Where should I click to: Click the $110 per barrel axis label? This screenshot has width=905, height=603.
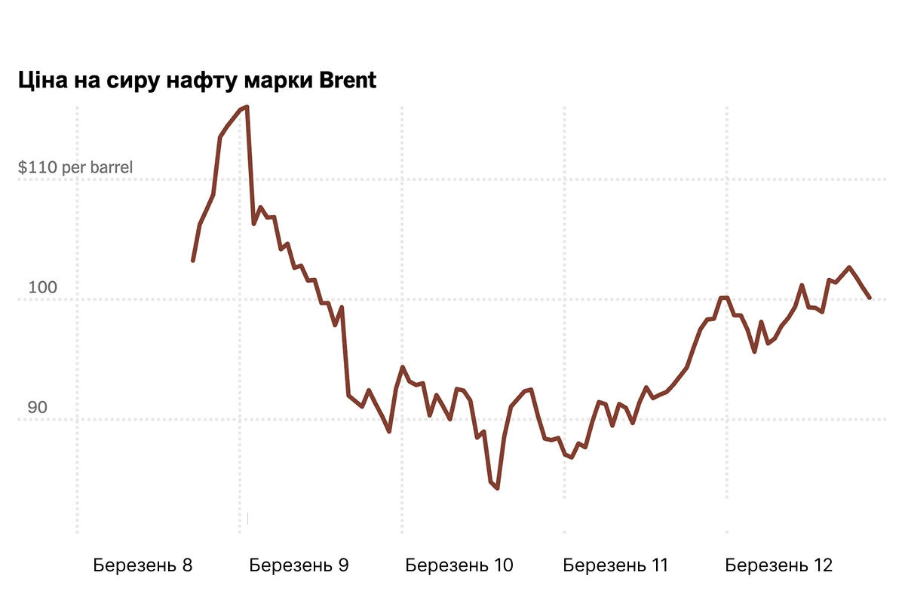tap(75, 167)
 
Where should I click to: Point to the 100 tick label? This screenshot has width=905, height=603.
tap(43, 287)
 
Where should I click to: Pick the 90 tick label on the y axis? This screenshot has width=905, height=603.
tap(38, 408)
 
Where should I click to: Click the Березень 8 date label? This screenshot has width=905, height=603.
tap(143, 565)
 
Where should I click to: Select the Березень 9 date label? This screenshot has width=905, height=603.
tap(299, 565)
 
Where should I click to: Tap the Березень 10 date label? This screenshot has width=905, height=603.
tap(459, 565)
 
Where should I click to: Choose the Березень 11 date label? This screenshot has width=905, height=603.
tap(615, 565)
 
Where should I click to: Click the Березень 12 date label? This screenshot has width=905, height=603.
tap(778, 565)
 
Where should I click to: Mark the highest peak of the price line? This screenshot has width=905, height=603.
tap(247, 107)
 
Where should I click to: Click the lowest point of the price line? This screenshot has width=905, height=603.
tap(498, 488)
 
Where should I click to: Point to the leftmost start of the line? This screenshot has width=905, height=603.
tap(193, 261)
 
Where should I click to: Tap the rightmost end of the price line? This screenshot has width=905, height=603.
tap(870, 298)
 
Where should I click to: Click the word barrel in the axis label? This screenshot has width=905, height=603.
tap(111, 167)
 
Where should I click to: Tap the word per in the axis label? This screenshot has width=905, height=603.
tap(74, 168)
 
